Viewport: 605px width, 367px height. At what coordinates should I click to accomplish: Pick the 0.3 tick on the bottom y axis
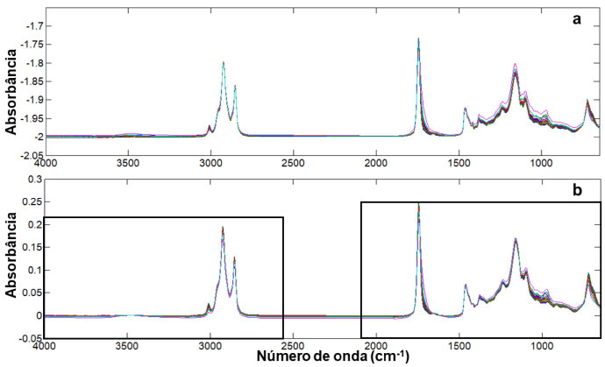pos(33,179)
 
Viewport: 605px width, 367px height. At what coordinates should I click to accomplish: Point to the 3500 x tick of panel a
pos(127,163)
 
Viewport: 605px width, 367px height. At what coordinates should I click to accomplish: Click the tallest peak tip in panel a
pos(418,39)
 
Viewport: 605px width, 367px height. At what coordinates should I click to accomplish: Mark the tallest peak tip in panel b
pos(418,205)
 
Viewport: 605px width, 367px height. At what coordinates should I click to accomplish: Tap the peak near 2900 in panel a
pos(224,62)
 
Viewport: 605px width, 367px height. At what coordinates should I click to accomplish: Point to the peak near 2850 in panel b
pos(234,258)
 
